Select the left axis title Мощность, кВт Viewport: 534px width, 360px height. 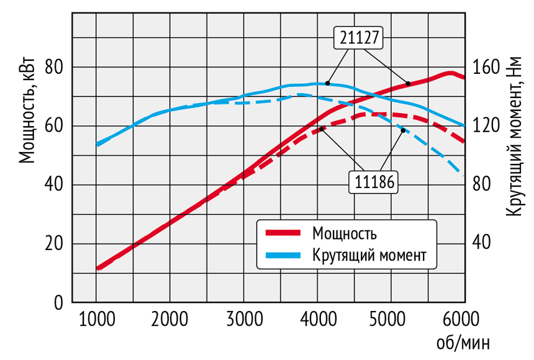click(26, 112)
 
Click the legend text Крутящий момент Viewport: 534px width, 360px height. click(370, 254)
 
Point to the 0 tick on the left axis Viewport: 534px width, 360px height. click(59, 303)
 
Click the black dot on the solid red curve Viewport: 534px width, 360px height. click(408, 83)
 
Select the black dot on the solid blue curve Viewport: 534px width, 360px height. click(327, 83)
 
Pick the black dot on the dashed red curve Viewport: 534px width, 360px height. click(322, 128)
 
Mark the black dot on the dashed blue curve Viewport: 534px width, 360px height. click(403, 130)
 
